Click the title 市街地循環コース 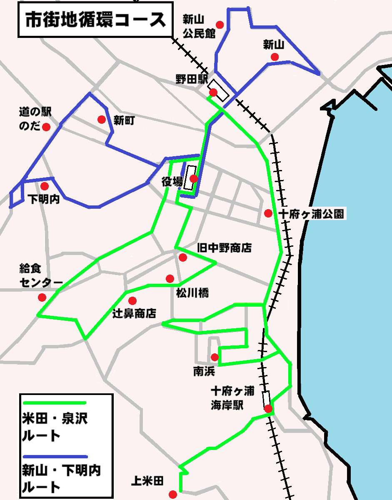95,20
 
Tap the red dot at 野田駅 213,92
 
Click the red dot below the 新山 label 274,57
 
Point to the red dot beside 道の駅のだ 46,127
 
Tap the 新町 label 124,121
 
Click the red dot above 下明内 45,186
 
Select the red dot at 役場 193,179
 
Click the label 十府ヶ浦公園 312,214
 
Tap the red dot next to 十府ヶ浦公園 268,213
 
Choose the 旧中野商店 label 224,248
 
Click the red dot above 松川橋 170,278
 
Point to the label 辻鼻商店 134,313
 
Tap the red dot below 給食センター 42,297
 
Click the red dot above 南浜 215,357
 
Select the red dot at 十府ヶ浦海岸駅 268,408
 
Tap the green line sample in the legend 54,403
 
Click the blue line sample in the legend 54,456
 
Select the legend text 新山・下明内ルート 60,479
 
